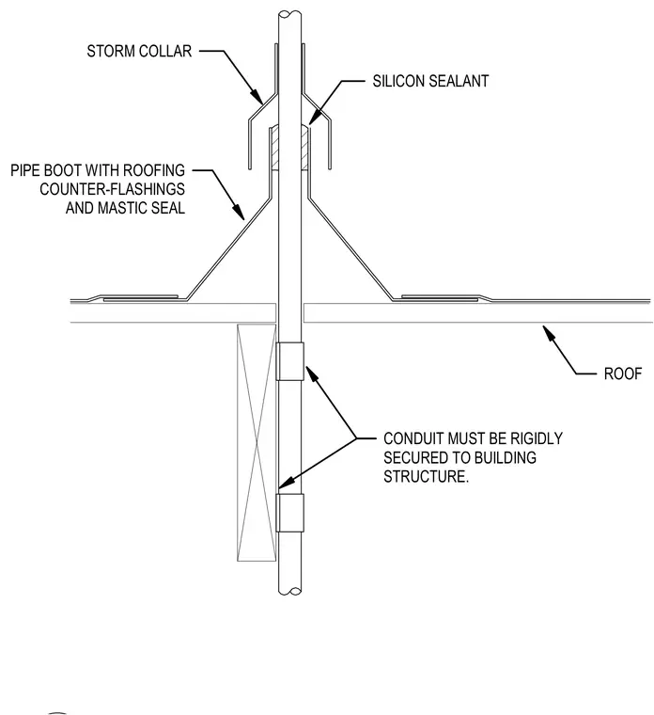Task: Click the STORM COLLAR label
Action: (x=139, y=51)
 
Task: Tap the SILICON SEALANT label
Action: (x=430, y=81)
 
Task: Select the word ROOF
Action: (x=623, y=373)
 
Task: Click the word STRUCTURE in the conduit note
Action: (x=426, y=477)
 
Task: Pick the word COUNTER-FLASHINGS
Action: (x=112, y=189)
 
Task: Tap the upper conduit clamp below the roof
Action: (x=289, y=361)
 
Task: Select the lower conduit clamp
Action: (x=289, y=513)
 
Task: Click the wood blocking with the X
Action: (x=257, y=442)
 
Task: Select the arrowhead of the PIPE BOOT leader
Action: (x=238, y=212)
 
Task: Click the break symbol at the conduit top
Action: (x=289, y=15)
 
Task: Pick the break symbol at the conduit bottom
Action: (x=289, y=592)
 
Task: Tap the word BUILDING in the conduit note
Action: (x=506, y=457)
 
